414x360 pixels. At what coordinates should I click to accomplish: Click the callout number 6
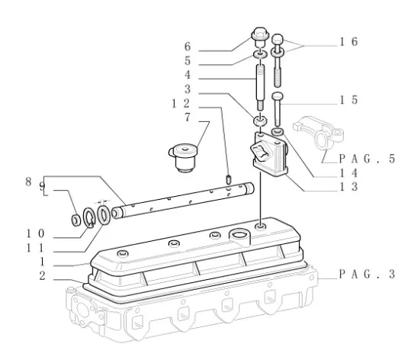(x=188, y=47)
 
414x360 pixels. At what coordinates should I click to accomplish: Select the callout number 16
(x=348, y=42)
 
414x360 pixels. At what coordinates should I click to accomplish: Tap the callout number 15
(x=348, y=100)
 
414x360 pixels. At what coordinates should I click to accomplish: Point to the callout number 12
(x=181, y=103)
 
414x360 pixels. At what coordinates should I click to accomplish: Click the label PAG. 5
(x=367, y=159)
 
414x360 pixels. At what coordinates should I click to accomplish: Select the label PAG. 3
(x=367, y=274)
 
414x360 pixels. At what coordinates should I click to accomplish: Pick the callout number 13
(x=348, y=187)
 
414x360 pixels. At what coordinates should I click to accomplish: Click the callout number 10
(x=35, y=233)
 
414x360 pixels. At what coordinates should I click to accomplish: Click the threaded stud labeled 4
(x=260, y=87)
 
